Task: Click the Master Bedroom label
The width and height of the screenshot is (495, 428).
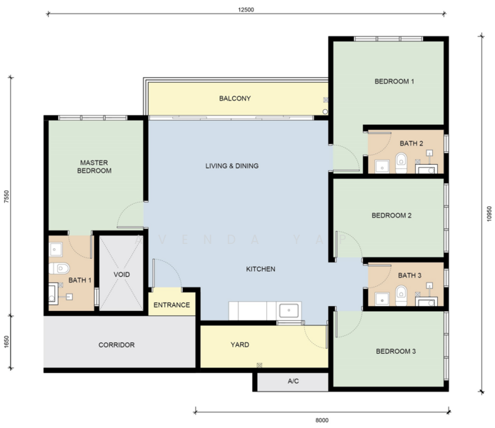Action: [94, 166]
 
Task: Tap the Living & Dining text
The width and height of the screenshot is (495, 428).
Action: [231, 166]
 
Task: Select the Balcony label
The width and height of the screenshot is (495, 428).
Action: [234, 98]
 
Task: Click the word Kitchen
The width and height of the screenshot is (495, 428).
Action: [260, 269]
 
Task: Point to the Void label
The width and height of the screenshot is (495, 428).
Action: [121, 274]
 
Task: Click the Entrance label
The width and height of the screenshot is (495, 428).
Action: [172, 305]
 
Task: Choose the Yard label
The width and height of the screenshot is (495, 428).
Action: [240, 345]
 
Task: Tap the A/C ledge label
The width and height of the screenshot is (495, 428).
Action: [293, 382]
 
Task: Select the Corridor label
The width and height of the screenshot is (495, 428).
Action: [116, 345]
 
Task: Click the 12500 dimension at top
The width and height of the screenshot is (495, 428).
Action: [246, 10]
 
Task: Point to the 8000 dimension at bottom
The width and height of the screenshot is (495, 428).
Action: [321, 419]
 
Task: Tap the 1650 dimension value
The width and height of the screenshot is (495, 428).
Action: [6, 343]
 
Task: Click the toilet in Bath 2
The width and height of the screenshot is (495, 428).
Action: [401, 161]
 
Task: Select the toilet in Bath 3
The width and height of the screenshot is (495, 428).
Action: [401, 293]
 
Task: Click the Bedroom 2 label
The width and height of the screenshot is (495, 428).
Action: [391, 215]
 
